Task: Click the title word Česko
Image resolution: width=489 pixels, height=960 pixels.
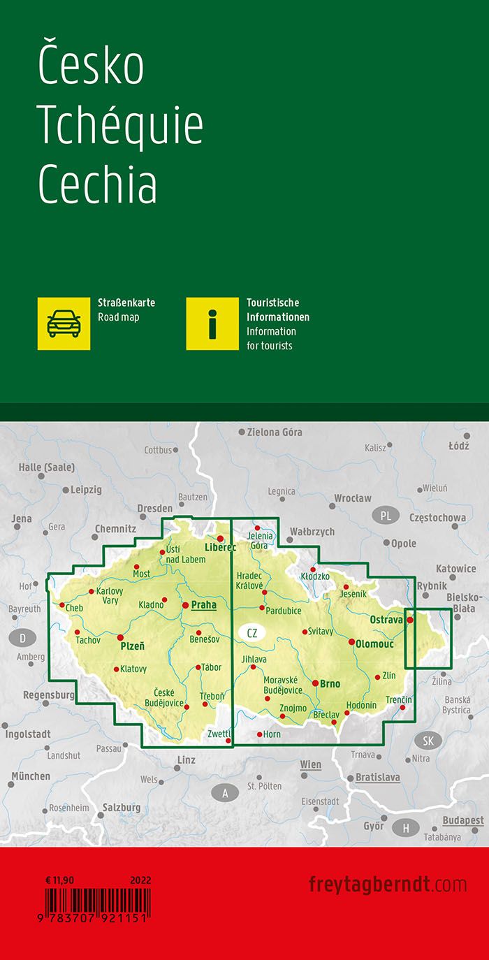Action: coord(91,65)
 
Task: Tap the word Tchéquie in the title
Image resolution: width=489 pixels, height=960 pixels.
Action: coord(120,126)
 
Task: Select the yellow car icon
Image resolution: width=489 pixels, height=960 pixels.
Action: coord(64,323)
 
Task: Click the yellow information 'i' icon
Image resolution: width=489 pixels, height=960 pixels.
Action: coord(212,323)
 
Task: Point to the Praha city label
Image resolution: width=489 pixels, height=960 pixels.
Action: coord(203,605)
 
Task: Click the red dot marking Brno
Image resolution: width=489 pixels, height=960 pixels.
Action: coord(316,683)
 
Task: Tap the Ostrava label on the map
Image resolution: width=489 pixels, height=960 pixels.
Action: coord(386,620)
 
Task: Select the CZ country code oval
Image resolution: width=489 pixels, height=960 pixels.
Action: coord(252,633)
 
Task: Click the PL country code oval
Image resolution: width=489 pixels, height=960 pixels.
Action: coord(386,516)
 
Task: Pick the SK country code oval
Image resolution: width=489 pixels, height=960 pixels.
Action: coord(428,741)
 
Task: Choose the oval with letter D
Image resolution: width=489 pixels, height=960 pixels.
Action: coord(23,637)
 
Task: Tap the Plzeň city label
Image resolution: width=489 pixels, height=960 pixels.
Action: coord(133,647)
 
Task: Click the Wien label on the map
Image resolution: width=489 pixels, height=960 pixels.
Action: coord(311,764)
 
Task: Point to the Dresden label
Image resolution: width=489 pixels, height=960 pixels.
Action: coord(154,508)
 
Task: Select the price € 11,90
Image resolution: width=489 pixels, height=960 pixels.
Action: coord(59,880)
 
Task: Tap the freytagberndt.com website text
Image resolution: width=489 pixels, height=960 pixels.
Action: coord(387,884)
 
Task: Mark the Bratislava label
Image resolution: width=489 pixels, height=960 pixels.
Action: coord(377,777)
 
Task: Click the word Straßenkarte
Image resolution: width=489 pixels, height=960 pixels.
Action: coord(126,303)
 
